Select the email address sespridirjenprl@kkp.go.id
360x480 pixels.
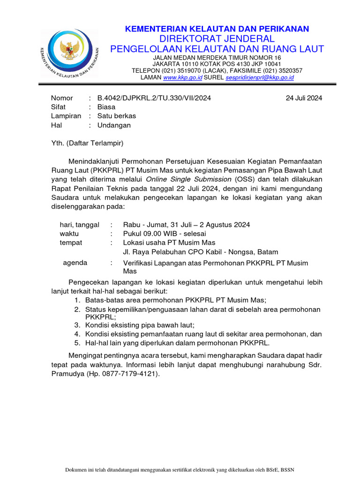click(x=259, y=78)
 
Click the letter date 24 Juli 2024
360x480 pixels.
click(x=304, y=98)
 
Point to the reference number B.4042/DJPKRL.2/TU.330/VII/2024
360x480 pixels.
click(x=154, y=98)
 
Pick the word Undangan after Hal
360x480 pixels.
click(x=114, y=125)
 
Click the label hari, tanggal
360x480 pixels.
click(x=79, y=225)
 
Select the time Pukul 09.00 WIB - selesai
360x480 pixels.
click(x=164, y=233)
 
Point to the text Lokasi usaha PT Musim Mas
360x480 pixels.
click(x=169, y=242)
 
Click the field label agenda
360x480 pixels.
click(x=75, y=263)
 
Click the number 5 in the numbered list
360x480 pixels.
click(x=77, y=343)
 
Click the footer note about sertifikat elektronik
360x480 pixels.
click(x=180, y=470)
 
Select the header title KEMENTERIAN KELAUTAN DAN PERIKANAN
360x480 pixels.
click(x=217, y=29)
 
